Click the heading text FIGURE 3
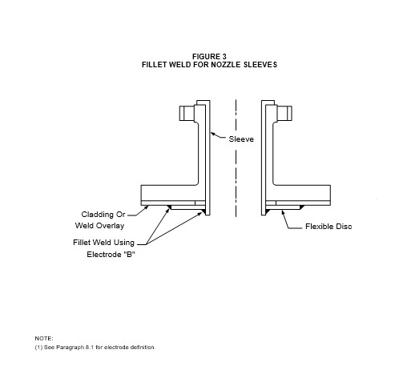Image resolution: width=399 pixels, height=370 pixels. [x=209, y=57]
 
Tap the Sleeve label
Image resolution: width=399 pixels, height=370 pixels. [x=241, y=139]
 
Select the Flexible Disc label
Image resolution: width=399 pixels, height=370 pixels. [x=328, y=227]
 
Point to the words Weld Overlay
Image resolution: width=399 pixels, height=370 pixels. [x=99, y=226]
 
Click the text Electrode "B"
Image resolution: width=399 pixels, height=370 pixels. [x=111, y=255]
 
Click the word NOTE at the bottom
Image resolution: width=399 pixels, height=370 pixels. [x=44, y=339]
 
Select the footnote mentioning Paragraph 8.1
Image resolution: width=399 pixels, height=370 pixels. [x=95, y=348]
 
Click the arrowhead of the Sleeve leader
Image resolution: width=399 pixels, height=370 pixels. [x=213, y=134]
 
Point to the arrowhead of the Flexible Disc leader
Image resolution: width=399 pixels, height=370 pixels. [x=283, y=212]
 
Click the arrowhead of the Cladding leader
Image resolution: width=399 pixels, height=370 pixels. [x=147, y=207]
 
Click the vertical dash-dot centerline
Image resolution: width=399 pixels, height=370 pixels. [x=236, y=158]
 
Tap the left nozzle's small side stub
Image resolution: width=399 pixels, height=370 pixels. [x=187, y=113]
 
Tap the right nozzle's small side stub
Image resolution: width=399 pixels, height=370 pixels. [x=284, y=113]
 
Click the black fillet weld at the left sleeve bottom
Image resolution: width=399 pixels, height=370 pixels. [x=204, y=212]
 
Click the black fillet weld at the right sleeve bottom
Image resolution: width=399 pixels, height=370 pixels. [x=267, y=212]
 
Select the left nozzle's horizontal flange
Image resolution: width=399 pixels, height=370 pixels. [x=168, y=193]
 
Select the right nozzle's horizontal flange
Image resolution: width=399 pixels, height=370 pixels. [x=303, y=193]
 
